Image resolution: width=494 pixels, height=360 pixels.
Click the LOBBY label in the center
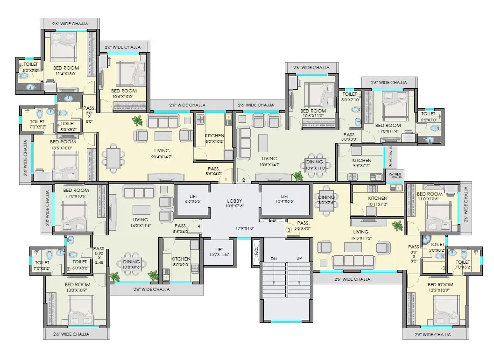(234, 201)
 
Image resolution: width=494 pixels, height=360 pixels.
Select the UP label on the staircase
(299, 258)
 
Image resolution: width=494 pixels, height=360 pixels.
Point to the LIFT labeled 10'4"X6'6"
(284, 199)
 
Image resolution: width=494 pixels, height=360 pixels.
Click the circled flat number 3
(289, 229)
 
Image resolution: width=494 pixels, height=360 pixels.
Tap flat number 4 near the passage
(199, 227)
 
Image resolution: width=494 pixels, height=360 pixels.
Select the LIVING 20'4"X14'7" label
(162, 154)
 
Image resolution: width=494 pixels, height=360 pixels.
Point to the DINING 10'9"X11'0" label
(315, 165)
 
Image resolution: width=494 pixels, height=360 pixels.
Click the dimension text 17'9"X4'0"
(245, 228)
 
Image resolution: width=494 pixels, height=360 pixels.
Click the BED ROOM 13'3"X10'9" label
(440, 287)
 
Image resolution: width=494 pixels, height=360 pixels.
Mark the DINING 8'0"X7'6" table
(326, 199)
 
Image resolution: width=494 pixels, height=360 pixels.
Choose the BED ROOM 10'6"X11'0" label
(313, 113)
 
